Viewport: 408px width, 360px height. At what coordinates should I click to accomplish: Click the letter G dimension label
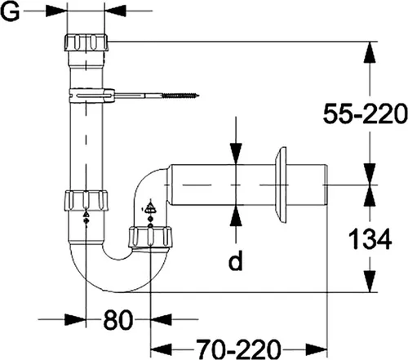pyautogui.click(x=11, y=11)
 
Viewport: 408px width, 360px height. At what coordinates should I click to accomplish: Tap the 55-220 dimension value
pyautogui.click(x=364, y=116)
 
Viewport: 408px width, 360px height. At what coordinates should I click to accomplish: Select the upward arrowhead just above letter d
pyautogui.click(x=235, y=214)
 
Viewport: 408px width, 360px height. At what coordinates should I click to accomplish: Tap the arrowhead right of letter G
pyautogui.click(x=114, y=11)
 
